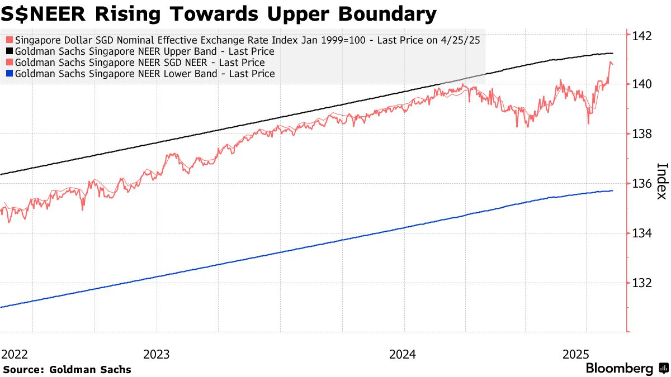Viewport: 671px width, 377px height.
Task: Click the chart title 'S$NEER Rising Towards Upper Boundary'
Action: [x=218, y=14]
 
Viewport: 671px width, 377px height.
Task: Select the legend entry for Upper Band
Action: [x=144, y=51]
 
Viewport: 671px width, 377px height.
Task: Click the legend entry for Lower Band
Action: [x=144, y=74]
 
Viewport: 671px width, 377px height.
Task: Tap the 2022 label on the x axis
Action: [x=16, y=354]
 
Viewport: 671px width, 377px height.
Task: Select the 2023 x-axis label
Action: [x=157, y=354]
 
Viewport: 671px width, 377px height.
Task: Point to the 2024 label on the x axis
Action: [x=403, y=354]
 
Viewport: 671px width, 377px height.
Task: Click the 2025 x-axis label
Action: [x=576, y=354]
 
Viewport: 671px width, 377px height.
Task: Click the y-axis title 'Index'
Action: [x=661, y=180]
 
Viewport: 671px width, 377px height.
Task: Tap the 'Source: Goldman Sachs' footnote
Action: [x=67, y=369]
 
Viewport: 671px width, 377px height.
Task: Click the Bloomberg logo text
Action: [x=619, y=369]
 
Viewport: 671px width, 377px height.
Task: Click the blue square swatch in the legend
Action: [x=10, y=74]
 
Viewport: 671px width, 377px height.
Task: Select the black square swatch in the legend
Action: [x=10, y=51]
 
